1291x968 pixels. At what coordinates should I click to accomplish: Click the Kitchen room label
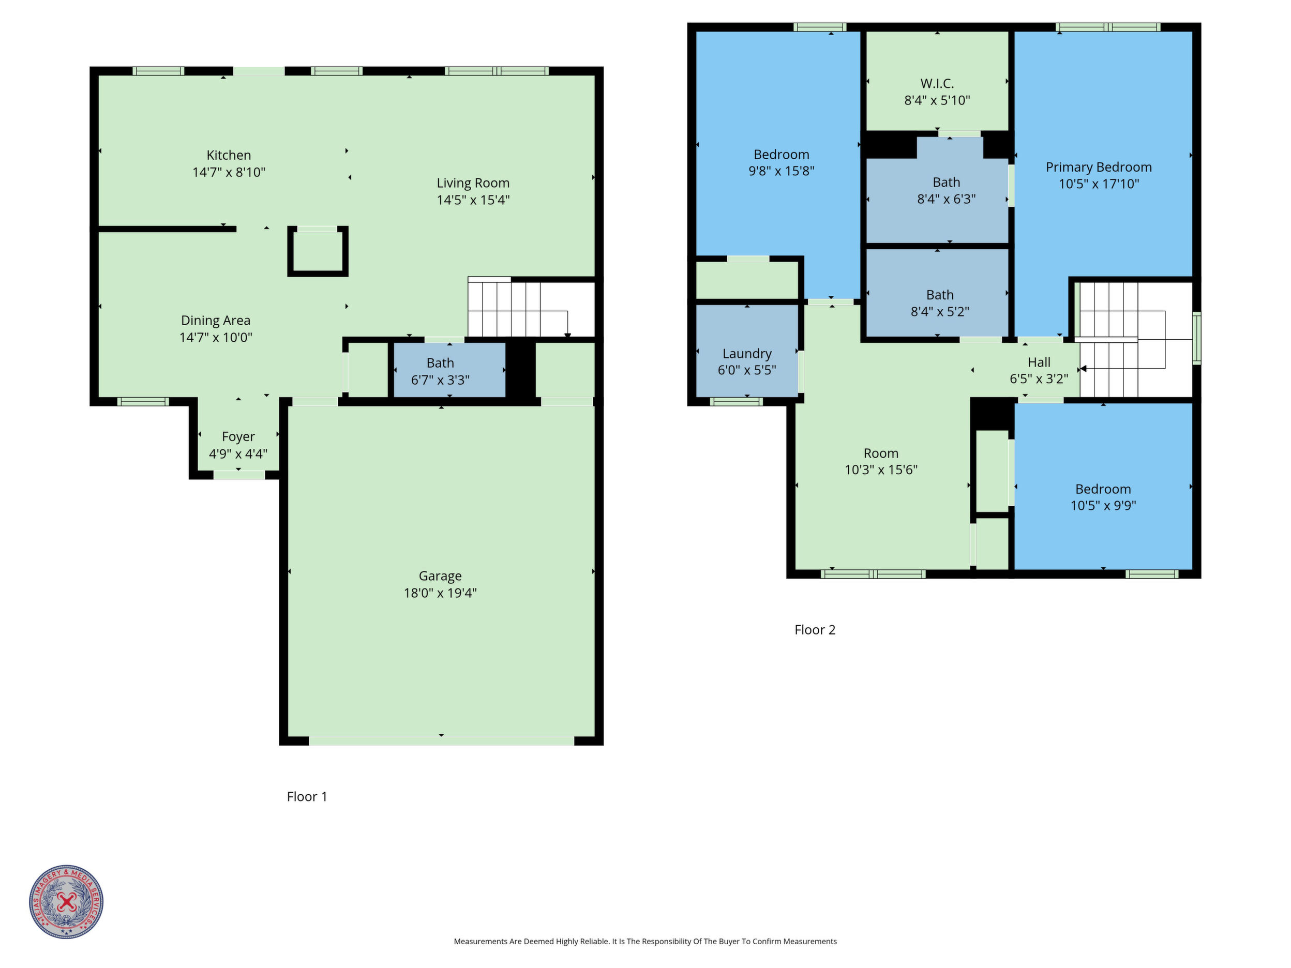click(229, 155)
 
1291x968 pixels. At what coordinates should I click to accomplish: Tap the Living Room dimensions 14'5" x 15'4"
click(473, 200)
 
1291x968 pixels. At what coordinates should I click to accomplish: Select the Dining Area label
click(216, 320)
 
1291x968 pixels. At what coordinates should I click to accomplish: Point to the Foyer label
click(238, 436)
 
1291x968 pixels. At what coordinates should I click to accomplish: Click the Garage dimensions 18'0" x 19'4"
click(440, 593)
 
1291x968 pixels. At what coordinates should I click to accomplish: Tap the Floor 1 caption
click(307, 796)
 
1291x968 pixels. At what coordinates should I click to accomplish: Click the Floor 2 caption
click(815, 630)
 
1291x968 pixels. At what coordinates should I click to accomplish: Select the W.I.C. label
click(937, 83)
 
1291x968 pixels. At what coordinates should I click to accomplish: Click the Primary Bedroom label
click(1099, 168)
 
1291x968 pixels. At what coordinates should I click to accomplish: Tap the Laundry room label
click(747, 354)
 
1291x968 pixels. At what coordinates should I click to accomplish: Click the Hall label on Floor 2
click(1039, 362)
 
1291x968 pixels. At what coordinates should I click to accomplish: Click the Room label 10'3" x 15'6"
click(881, 453)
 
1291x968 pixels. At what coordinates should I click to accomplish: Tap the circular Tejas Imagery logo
click(67, 901)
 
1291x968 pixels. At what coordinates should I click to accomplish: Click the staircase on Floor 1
click(531, 308)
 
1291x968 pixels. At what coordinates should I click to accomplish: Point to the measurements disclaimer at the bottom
click(645, 941)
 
